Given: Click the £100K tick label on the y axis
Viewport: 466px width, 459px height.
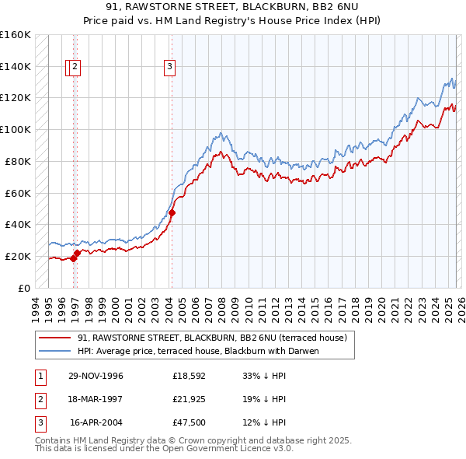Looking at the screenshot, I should (x=16, y=129).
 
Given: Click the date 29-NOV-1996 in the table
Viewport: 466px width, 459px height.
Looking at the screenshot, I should (x=95, y=376).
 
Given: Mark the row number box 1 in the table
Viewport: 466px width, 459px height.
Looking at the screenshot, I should (x=40, y=376).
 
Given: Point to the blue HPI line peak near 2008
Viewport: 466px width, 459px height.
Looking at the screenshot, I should (x=221, y=133).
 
